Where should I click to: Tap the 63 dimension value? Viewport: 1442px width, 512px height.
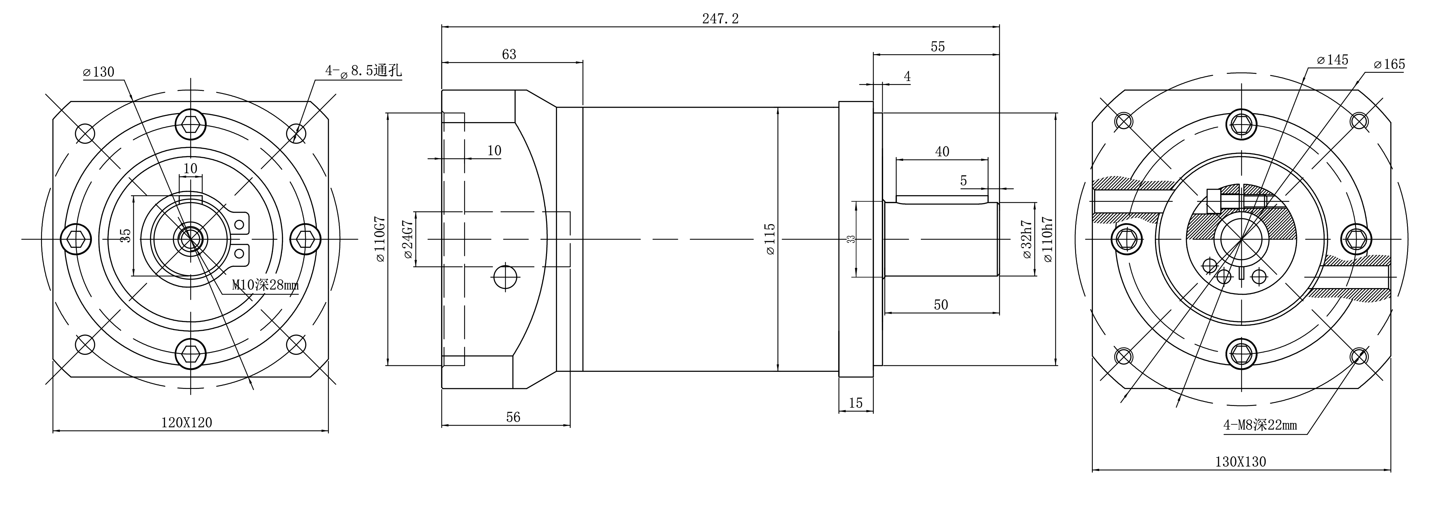click(509, 54)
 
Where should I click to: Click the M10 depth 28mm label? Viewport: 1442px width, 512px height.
click(265, 285)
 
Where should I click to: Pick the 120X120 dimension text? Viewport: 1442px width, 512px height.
click(187, 422)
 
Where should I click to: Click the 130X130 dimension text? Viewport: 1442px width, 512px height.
click(1241, 462)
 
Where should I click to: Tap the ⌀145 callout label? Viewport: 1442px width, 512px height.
click(1333, 60)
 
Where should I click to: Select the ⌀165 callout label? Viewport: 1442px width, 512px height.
click(1389, 64)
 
